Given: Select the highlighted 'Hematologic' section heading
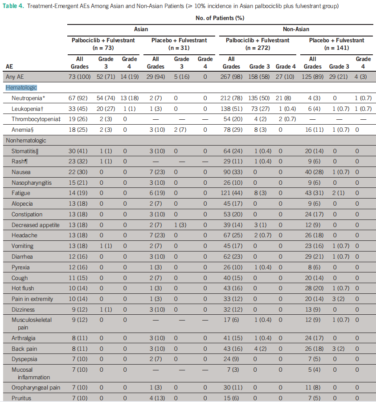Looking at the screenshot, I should pos(21,88).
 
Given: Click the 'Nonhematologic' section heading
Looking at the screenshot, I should pos(26,141).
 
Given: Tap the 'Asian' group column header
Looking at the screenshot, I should pos(141,28).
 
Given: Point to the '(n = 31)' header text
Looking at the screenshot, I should pos(179,47).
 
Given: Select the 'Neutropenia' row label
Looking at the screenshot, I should pos(28,98).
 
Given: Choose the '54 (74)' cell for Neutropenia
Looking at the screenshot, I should pos(106,98).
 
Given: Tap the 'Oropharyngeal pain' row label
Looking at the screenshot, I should pos(35,387).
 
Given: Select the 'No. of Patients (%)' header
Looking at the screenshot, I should pos(219,18).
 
